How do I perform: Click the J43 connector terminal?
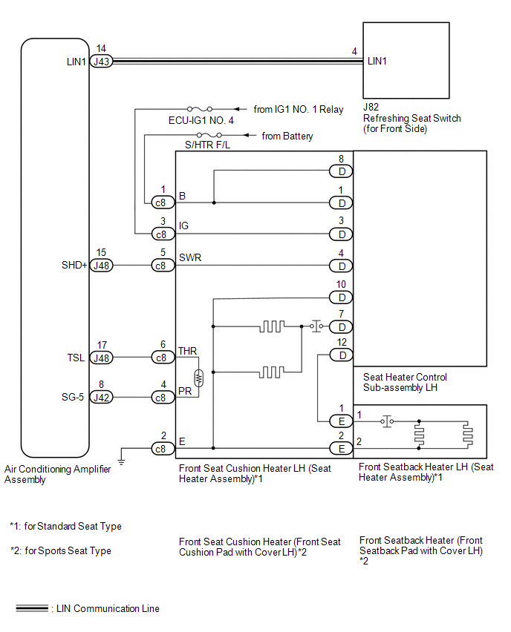pyautogui.click(x=101, y=62)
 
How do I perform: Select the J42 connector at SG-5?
pyautogui.click(x=101, y=397)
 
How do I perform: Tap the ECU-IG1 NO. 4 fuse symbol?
pyautogui.click(x=199, y=109)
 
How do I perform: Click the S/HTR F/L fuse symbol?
pyautogui.click(x=209, y=134)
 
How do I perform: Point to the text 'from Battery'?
pyautogui.click(x=287, y=136)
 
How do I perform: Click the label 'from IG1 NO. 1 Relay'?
pyautogui.click(x=299, y=109)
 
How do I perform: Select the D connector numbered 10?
pyautogui.click(x=341, y=297)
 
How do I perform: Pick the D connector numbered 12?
pyautogui.click(x=342, y=355)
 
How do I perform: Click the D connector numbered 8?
pyautogui.click(x=341, y=171)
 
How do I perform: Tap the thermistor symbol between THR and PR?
pyautogui.click(x=198, y=378)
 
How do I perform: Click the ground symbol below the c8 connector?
pyautogui.click(x=121, y=462)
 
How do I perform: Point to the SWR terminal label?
pyautogui.click(x=190, y=257)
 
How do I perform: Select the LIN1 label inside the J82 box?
pyautogui.click(x=377, y=62)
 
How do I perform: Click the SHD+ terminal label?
pyautogui.click(x=74, y=266)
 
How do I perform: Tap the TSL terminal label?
pyautogui.click(x=76, y=358)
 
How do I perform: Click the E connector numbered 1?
pyautogui.click(x=342, y=421)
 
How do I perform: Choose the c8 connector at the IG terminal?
pyautogui.click(x=163, y=234)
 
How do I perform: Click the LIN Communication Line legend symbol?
pyautogui.click(x=32, y=608)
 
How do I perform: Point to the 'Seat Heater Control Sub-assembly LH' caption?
pyautogui.click(x=405, y=383)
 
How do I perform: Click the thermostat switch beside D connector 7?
pyautogui.click(x=317, y=326)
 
